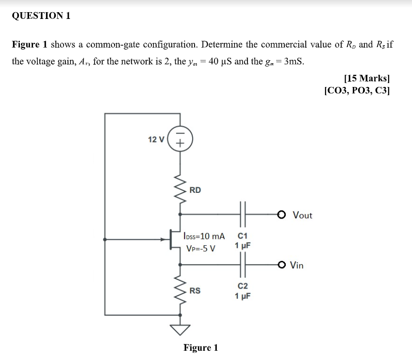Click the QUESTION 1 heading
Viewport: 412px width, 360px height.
(41, 16)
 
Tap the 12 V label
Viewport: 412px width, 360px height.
(156, 139)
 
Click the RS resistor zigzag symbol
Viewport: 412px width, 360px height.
(180, 291)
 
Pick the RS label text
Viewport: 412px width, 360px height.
(195, 291)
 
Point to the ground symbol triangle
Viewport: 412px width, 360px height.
(180, 330)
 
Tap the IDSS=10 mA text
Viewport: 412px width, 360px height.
(204, 237)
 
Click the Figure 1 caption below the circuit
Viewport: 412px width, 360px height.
(200, 348)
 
